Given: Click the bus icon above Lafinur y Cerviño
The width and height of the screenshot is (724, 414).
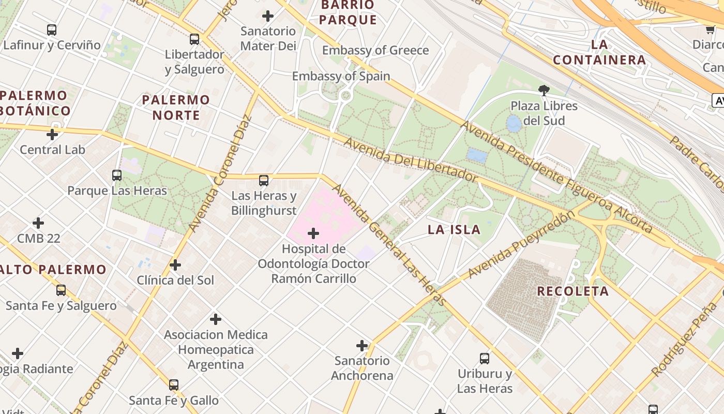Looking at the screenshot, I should pos(52,30).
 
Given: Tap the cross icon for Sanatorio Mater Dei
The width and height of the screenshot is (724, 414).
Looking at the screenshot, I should pos(268,16).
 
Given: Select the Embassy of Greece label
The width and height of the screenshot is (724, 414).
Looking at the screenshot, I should pos(375,50).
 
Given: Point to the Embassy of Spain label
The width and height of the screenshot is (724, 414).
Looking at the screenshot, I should pos(341,76).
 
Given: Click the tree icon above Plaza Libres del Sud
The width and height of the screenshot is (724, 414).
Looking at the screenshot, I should pos(544,91).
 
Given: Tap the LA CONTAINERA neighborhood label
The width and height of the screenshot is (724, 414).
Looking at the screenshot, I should pos(599,52).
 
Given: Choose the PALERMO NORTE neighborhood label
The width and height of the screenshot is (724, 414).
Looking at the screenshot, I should pos(176,107).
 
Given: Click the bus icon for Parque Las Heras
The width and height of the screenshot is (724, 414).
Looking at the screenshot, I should pos(117,175).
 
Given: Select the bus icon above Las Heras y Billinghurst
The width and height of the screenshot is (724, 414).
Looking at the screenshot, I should pos(264,181).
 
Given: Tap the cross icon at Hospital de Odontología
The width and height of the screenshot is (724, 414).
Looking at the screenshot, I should pos(313,233).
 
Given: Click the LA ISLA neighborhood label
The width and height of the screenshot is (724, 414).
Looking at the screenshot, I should pos(454,230).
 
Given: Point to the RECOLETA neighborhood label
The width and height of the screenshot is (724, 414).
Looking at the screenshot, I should pos(573,291).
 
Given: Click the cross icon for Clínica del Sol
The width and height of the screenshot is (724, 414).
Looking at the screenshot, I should pos(175,265).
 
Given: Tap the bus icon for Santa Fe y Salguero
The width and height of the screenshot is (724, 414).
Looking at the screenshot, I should pos(61,290).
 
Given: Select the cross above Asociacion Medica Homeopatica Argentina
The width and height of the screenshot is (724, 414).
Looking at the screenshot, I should pos(216,319).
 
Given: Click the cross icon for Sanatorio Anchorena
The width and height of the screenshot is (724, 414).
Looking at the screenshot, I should pos(362,345).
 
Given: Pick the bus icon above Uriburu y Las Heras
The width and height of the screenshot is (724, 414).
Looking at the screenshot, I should pos(485,358).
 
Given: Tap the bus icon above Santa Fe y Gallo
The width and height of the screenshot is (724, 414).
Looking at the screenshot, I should pos(174,385).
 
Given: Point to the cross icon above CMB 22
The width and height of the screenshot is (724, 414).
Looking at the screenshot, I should pos(38,223).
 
